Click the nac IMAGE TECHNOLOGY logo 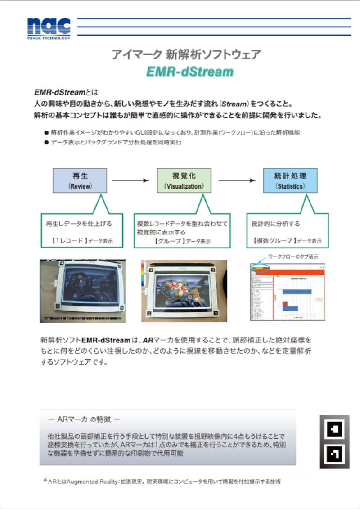(49, 28)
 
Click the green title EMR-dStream (189, 72)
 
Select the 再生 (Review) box (80, 180)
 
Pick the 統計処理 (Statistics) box (290, 180)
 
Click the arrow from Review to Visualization (130, 180)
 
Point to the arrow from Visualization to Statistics (237, 180)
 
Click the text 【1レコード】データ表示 (83, 241)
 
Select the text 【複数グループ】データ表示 (287, 241)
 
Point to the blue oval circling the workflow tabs (260, 268)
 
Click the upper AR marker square (334, 429)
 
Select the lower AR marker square (334, 454)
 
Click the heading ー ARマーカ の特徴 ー (84, 419)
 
